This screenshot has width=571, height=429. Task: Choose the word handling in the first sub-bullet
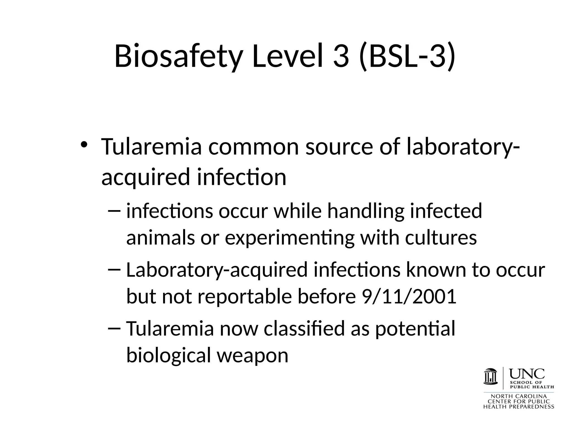point(366,211)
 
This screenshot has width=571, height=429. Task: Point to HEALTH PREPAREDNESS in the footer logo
point(519,407)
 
